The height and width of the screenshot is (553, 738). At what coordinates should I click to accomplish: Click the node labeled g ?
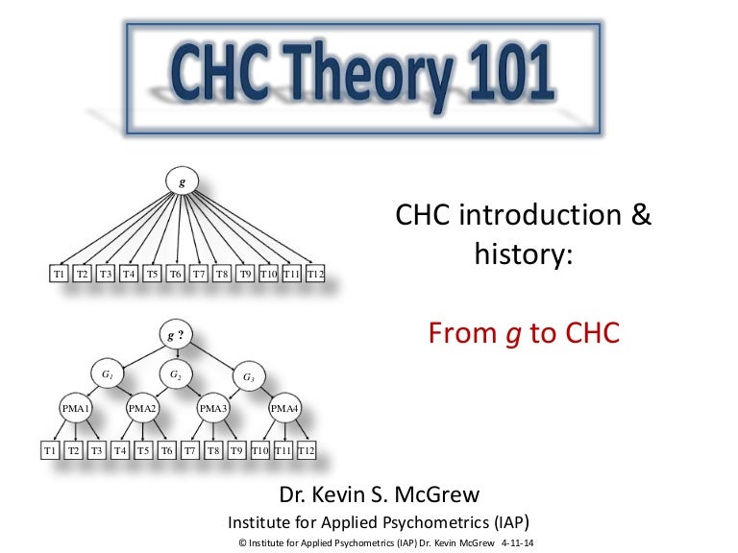click(x=174, y=335)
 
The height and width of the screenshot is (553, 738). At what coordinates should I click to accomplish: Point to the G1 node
click(x=106, y=373)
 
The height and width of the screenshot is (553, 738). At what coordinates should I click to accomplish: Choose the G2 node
click(x=175, y=373)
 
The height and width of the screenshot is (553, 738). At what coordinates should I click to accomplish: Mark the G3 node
click(x=249, y=376)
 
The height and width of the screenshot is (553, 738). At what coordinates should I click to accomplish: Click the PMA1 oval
click(x=75, y=409)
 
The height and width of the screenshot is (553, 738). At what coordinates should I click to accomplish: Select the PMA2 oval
click(x=142, y=409)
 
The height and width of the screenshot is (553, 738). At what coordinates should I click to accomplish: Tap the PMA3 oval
click(x=213, y=409)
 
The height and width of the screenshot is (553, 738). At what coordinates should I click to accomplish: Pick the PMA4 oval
click(x=283, y=409)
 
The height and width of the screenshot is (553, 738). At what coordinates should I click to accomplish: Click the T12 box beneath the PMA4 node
click(x=306, y=449)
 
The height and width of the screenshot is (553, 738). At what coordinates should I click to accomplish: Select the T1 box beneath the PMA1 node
click(x=50, y=449)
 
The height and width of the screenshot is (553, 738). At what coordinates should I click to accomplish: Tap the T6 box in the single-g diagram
click(x=176, y=275)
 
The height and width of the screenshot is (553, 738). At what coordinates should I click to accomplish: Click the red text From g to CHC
click(x=524, y=333)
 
